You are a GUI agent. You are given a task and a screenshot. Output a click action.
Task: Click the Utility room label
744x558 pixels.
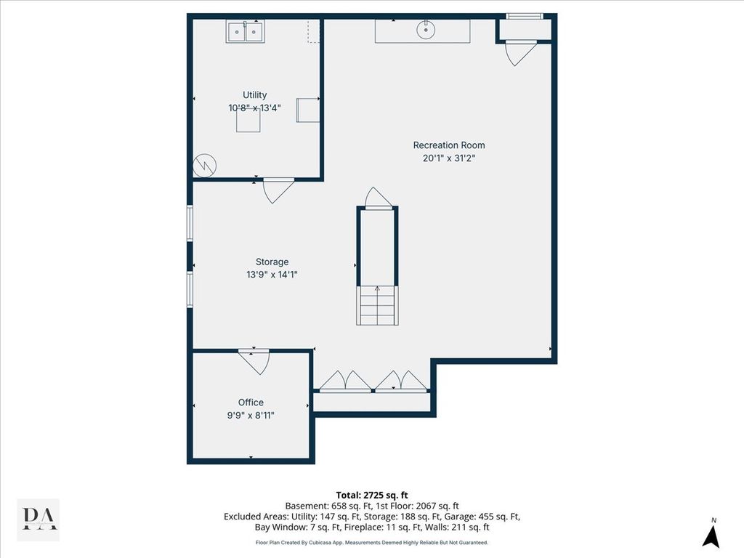[255, 95]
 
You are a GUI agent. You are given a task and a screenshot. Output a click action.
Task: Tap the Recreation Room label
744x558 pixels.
[449, 145]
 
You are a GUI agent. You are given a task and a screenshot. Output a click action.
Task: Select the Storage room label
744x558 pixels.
[272, 262]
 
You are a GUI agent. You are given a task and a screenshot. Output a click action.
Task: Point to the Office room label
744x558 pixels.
[251, 403]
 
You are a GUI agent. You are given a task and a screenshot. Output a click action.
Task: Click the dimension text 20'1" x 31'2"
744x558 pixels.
[449, 158]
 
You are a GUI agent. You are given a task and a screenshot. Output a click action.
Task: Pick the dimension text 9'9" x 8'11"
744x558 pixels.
[251, 416]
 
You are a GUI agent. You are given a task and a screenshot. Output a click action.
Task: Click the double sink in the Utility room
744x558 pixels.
[245, 32]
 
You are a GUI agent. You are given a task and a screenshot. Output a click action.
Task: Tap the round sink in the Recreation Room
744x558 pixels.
[426, 31]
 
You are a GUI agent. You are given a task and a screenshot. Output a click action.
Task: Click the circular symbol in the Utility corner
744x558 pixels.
[204, 166]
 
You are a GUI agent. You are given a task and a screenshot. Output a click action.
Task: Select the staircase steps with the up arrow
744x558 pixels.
[377, 306]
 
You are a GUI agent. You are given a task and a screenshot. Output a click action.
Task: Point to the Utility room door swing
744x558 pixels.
[278, 191]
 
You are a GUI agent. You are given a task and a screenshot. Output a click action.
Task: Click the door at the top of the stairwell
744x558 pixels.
[378, 198]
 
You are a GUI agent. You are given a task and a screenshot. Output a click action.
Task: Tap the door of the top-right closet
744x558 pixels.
[519, 53]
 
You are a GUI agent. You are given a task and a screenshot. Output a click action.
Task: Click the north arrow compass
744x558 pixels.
[711, 534]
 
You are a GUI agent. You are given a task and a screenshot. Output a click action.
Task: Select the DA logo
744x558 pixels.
[39, 519]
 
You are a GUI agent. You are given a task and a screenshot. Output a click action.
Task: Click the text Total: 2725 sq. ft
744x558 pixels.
[372, 496]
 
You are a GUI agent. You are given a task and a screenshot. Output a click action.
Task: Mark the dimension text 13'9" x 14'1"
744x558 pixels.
[272, 274]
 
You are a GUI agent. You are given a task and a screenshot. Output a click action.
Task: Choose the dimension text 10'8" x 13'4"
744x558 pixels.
[255, 108]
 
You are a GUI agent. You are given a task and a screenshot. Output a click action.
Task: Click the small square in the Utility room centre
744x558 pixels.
[248, 120]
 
